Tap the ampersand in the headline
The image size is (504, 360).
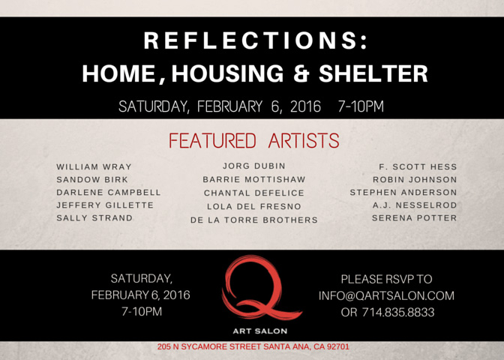pyautogui.click(x=301, y=73)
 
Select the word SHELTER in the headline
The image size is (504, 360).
pyautogui.click(x=373, y=73)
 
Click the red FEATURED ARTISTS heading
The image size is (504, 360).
pyautogui.click(x=254, y=140)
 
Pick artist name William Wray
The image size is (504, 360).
pyautogui.click(x=94, y=166)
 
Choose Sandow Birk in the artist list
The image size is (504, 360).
pyautogui.click(x=92, y=179)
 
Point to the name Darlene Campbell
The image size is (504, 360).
pyautogui.click(x=108, y=192)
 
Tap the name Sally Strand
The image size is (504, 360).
pyautogui.click(x=94, y=218)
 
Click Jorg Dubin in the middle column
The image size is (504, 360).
pyautogui.click(x=254, y=166)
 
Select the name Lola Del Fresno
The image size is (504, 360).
pyautogui.click(x=254, y=206)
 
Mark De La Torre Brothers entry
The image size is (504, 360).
pyautogui.click(x=254, y=220)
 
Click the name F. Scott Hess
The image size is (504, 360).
pyautogui.click(x=418, y=166)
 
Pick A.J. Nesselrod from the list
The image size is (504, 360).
pyautogui.click(x=415, y=205)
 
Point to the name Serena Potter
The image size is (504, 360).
pyautogui.click(x=414, y=218)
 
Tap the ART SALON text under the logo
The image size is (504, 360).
pyautogui.click(x=260, y=331)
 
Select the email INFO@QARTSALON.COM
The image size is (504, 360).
pyautogui.click(x=386, y=295)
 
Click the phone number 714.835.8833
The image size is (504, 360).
pyautogui.click(x=398, y=312)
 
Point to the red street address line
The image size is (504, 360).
pyautogui.click(x=253, y=346)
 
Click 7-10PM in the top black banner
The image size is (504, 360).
pyautogui.click(x=361, y=106)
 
